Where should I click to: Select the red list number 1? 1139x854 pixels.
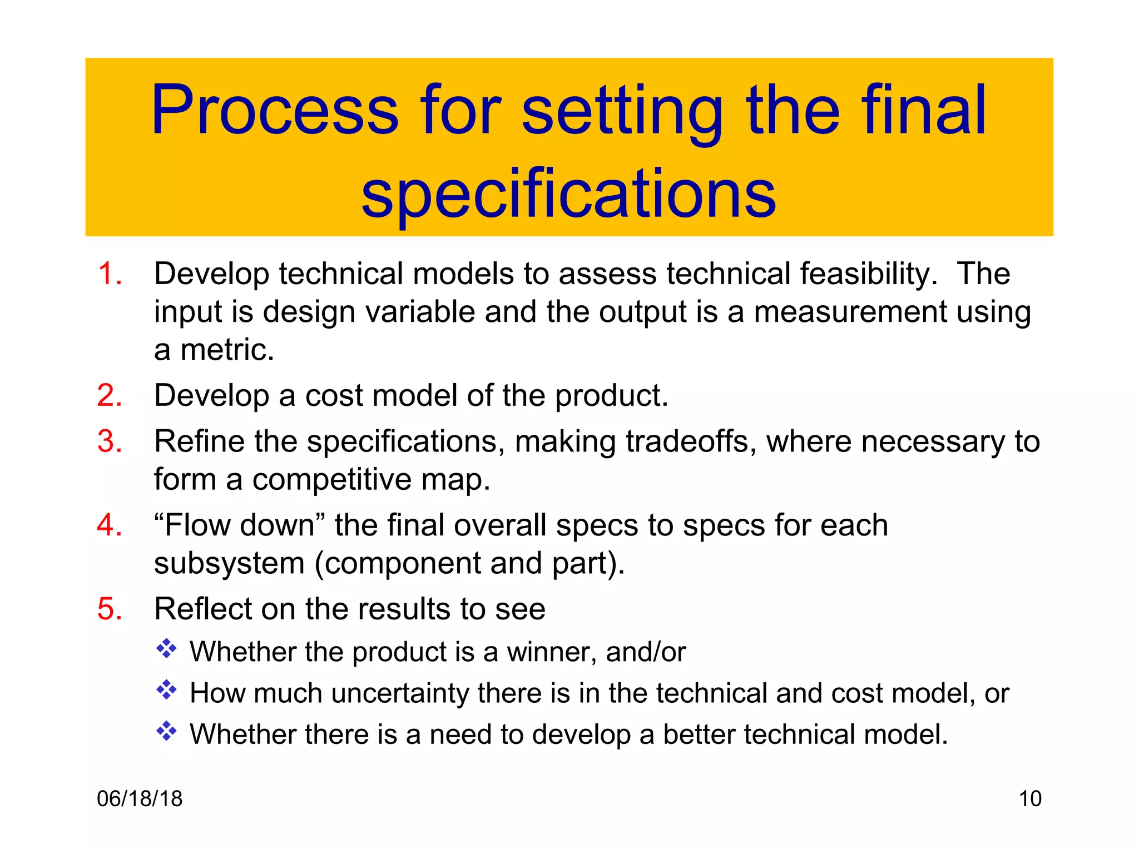(109, 274)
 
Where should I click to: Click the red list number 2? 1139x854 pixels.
(110, 395)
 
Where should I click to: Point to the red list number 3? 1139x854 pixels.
(110, 441)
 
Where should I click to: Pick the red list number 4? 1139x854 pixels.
(110, 525)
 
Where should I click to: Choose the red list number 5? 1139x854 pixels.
(110, 608)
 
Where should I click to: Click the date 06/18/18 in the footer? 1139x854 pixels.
(140, 798)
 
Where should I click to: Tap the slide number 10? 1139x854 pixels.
(1029, 798)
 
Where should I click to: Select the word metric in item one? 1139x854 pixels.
(227, 350)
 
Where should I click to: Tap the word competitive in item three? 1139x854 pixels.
(331, 479)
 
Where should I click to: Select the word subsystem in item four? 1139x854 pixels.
(229, 563)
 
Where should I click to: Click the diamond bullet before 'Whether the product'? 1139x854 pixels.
(166, 649)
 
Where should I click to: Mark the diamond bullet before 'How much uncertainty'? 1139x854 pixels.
(166, 690)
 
